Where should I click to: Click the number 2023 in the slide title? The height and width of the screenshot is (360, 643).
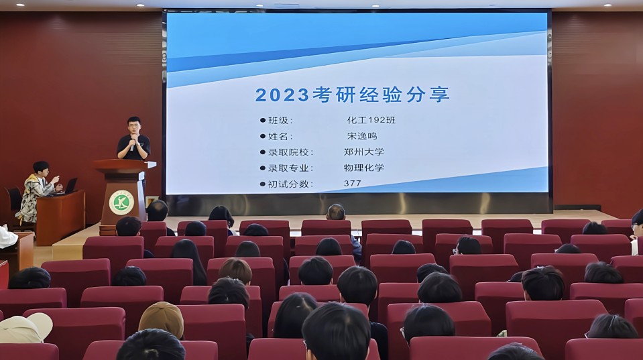click(x=282, y=95)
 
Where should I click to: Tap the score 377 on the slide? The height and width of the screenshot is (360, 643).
click(x=352, y=183)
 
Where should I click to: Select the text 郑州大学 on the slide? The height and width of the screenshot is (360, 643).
click(x=363, y=152)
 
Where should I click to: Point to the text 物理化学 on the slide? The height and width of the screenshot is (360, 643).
click(x=363, y=168)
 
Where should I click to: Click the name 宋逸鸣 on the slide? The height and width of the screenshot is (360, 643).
click(x=362, y=135)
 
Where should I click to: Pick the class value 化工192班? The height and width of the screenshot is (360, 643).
click(x=371, y=120)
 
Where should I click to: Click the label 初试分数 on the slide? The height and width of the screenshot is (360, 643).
click(x=288, y=184)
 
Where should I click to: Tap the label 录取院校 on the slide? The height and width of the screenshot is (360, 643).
click(x=288, y=152)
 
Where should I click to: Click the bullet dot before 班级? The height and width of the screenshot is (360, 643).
click(x=263, y=121)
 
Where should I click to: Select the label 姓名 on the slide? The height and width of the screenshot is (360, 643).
click(x=278, y=136)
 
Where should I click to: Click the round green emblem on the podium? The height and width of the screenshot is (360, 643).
click(x=121, y=202)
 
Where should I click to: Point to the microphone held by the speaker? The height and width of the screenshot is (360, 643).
click(x=132, y=144)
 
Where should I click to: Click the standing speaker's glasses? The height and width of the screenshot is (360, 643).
click(x=133, y=125)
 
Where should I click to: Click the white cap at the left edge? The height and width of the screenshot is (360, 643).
click(x=25, y=328)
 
